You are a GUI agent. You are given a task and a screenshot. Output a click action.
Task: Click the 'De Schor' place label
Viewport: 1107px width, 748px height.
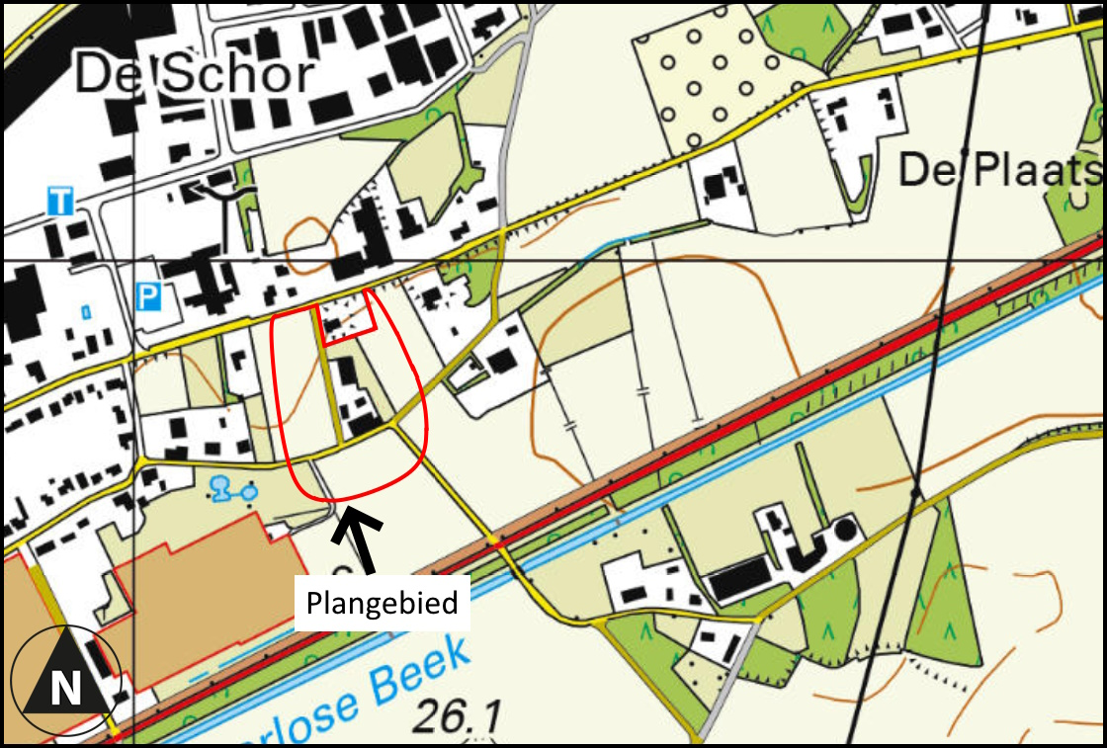pos(195,74)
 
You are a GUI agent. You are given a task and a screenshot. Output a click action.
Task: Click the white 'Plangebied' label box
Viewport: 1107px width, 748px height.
pos(382,602)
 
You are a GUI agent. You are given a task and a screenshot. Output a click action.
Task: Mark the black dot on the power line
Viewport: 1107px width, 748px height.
pos(916,490)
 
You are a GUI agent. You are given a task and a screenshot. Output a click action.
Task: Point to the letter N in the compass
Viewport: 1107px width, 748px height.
pos(65,688)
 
